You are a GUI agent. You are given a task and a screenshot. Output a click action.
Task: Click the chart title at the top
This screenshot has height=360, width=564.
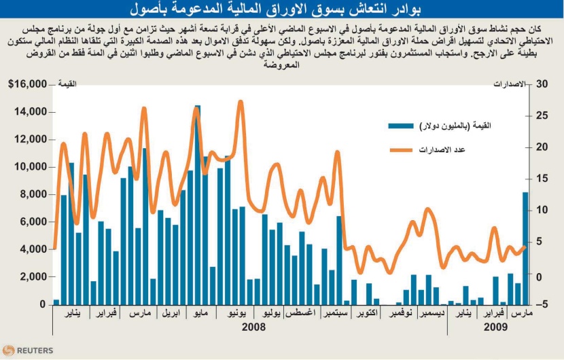(x=282, y=9)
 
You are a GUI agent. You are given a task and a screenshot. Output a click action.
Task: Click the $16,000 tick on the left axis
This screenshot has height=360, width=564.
(x=27, y=84)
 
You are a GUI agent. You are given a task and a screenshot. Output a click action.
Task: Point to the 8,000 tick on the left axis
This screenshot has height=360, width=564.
(x=33, y=194)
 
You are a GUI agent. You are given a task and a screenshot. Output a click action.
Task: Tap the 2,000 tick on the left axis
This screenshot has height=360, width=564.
(x=33, y=277)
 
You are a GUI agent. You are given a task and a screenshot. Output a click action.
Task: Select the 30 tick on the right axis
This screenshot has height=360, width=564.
(x=542, y=84)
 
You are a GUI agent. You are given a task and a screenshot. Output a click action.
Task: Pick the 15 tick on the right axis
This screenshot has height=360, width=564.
(x=542, y=179)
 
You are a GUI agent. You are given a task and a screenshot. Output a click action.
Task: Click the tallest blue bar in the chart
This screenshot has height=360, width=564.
(x=198, y=204)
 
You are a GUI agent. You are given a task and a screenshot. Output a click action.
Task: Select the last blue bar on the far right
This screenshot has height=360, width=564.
(x=525, y=249)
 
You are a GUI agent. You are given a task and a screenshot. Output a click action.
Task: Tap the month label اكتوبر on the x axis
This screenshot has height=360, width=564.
(x=366, y=314)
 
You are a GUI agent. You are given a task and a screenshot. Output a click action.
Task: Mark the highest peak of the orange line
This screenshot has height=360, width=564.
(x=241, y=103)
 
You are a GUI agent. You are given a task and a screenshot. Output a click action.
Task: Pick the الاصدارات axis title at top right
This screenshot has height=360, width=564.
(x=509, y=84)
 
